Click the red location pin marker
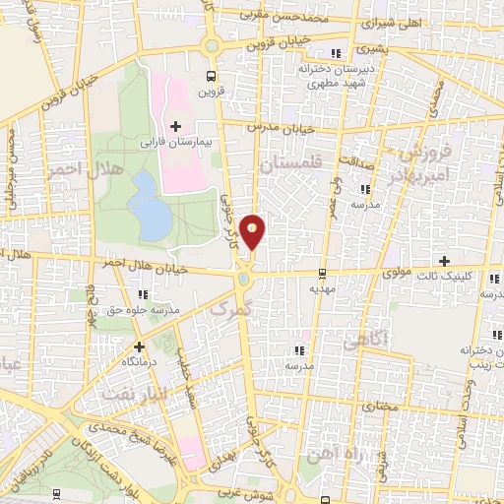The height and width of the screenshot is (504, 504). point(253,230)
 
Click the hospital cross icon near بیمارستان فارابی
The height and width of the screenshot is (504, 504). point(176,126)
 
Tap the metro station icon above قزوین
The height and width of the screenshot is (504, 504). point(210,76)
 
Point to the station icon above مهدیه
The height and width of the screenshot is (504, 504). point(321,275)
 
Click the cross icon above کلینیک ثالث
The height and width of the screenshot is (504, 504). point(445,261)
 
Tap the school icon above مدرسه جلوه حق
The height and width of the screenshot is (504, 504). point(144,293)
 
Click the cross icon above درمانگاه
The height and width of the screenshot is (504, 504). point(139,346)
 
